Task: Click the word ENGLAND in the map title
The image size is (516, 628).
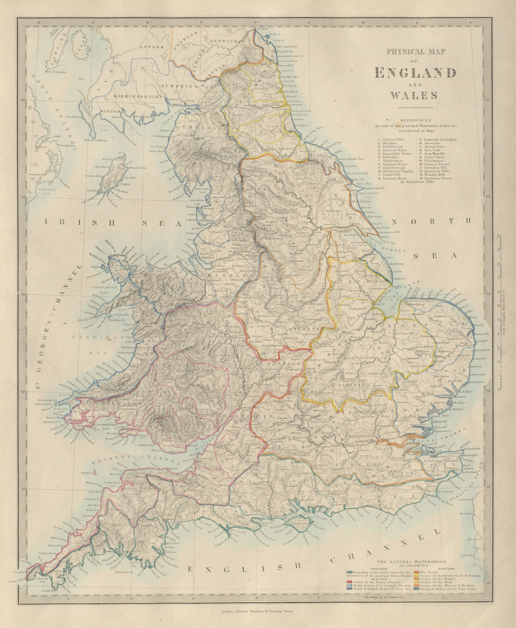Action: (415, 73)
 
